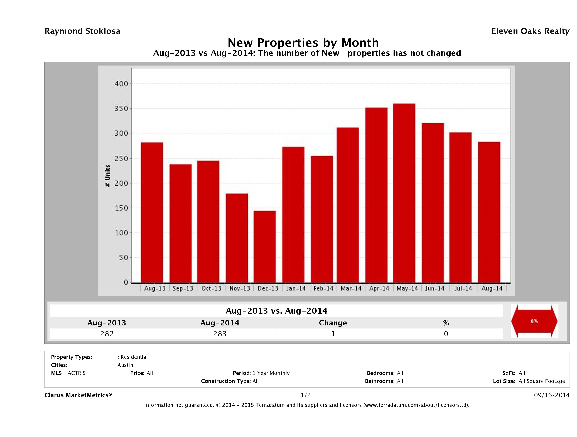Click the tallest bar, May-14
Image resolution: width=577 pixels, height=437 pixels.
[404, 193]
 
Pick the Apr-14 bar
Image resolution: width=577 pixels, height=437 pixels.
[376, 195]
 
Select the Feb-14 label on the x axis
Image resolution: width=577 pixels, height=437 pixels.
[323, 288]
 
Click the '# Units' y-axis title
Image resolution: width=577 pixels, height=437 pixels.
[107, 176]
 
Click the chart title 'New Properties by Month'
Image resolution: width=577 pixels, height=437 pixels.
[303, 43]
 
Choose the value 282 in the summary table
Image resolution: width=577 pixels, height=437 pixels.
[107, 334]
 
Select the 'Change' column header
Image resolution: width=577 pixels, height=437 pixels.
[333, 323]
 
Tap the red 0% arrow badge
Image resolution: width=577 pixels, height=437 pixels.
[534, 321]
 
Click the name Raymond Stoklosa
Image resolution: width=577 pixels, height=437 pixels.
[82, 31]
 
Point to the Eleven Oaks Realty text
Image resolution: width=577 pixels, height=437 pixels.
[530, 31]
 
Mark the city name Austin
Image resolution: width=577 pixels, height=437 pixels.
[125, 365]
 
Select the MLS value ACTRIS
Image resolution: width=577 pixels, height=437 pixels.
[76, 373]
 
